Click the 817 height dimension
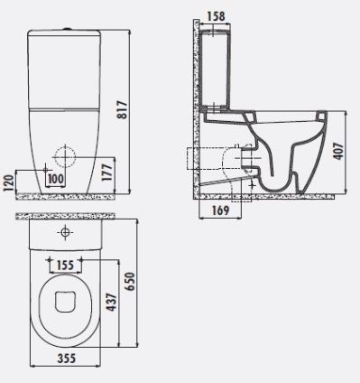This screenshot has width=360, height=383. coord(123,110)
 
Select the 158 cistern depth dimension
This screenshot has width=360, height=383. coord(216,16)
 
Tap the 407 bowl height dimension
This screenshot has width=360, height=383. coord(338,151)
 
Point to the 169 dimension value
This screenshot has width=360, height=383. coord(220,210)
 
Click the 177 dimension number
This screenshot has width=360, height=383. coord(107,172)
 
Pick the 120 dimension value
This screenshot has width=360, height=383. coord(9,183)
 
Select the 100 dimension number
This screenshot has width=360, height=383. coord(56,179)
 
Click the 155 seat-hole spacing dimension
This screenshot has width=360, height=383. coord(65,266)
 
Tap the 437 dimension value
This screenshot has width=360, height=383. coord(111,302)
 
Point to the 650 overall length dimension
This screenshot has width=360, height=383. coord(130,282)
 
